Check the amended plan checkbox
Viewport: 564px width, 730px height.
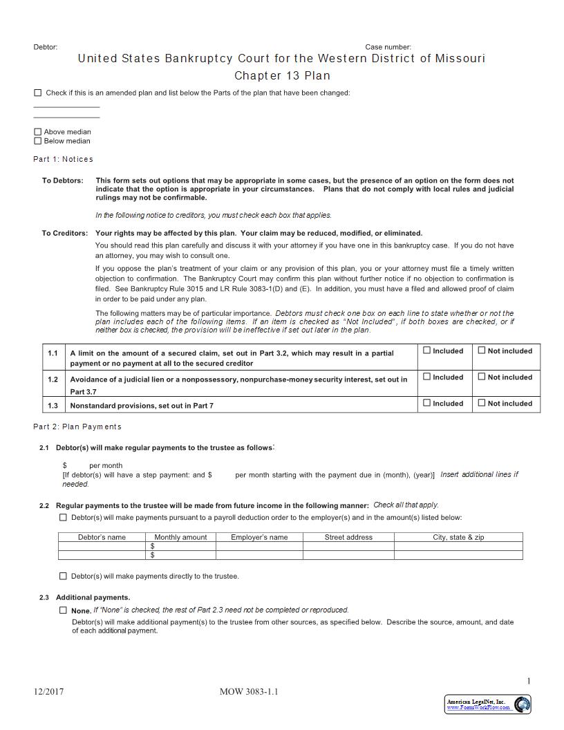coord(37,93)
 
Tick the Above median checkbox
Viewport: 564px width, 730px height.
coord(37,132)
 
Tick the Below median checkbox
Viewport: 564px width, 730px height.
coord(37,141)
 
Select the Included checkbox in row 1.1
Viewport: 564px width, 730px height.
coord(426,350)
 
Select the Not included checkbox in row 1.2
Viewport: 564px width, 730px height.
coord(482,377)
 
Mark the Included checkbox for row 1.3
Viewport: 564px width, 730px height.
coord(426,403)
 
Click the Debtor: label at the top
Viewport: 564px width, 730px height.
coord(46,47)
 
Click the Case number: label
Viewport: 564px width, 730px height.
coord(388,47)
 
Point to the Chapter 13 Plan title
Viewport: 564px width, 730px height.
coord(282,75)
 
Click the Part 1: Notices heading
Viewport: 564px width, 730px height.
coord(63,159)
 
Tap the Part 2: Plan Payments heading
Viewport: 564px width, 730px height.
coord(77,427)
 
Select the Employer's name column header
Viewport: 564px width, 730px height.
coord(259,537)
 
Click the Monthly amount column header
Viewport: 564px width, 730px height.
coord(180,537)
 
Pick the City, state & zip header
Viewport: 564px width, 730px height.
coord(458,537)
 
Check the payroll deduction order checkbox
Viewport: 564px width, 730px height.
coord(63,517)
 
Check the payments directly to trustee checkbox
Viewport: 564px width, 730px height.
coord(63,576)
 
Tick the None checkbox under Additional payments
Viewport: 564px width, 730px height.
coord(63,610)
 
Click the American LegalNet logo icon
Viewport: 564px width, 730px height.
coord(523,704)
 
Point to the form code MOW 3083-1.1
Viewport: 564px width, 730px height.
coord(249,691)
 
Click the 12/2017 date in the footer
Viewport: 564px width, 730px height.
coord(48,691)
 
